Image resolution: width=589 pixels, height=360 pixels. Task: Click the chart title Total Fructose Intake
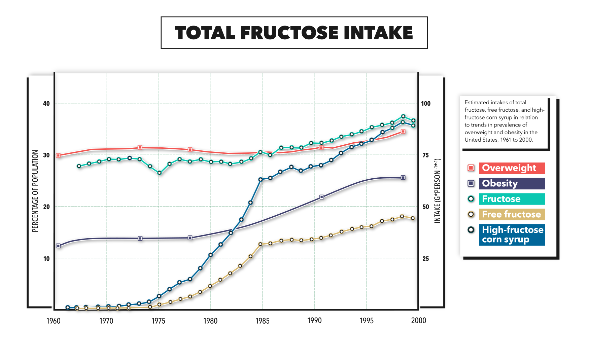[294, 33]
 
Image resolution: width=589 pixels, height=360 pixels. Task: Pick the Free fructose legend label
[512, 214]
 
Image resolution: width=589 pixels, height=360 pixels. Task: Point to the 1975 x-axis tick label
[158, 321]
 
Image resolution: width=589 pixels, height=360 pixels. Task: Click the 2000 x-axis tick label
[418, 320]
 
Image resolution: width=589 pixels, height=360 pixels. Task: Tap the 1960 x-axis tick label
[53, 321]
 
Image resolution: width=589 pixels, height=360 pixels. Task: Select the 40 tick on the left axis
[46, 103]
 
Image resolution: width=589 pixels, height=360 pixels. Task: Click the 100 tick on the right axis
[426, 103]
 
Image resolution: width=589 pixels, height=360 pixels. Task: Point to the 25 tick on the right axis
[426, 258]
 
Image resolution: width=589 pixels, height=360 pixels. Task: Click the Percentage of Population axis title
[35, 191]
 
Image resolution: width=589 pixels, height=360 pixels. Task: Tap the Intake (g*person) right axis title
[437, 191]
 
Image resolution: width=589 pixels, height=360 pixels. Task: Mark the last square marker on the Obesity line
[403, 177]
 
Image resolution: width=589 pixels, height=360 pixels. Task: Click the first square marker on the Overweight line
[58, 155]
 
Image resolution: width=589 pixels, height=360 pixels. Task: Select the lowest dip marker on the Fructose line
[160, 173]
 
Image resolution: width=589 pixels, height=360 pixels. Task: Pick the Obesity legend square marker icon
[471, 183]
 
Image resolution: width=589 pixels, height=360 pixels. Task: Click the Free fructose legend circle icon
[471, 214]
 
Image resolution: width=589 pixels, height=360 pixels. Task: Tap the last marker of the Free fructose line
[413, 218]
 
